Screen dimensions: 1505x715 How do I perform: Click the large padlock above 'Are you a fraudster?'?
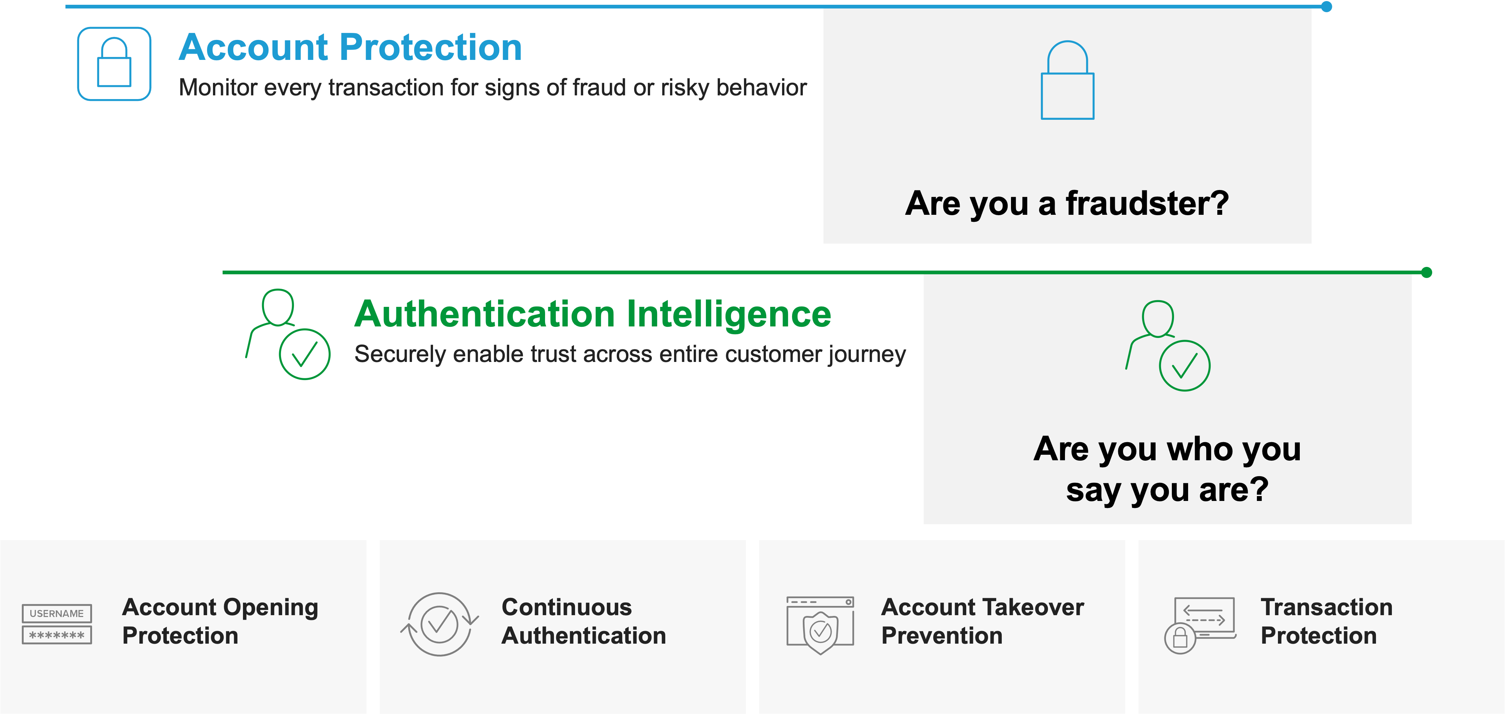tap(1068, 80)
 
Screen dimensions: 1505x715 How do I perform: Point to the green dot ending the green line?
tap(1426, 272)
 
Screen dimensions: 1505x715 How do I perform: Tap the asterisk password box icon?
tap(57, 635)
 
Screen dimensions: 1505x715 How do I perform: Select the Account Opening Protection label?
tap(220, 621)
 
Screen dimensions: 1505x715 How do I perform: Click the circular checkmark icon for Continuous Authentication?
tap(439, 624)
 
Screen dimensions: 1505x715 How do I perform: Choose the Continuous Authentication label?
tap(584, 621)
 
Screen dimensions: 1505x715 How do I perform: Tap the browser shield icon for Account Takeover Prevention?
tap(820, 625)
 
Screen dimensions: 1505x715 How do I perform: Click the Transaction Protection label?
tap(1326, 621)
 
